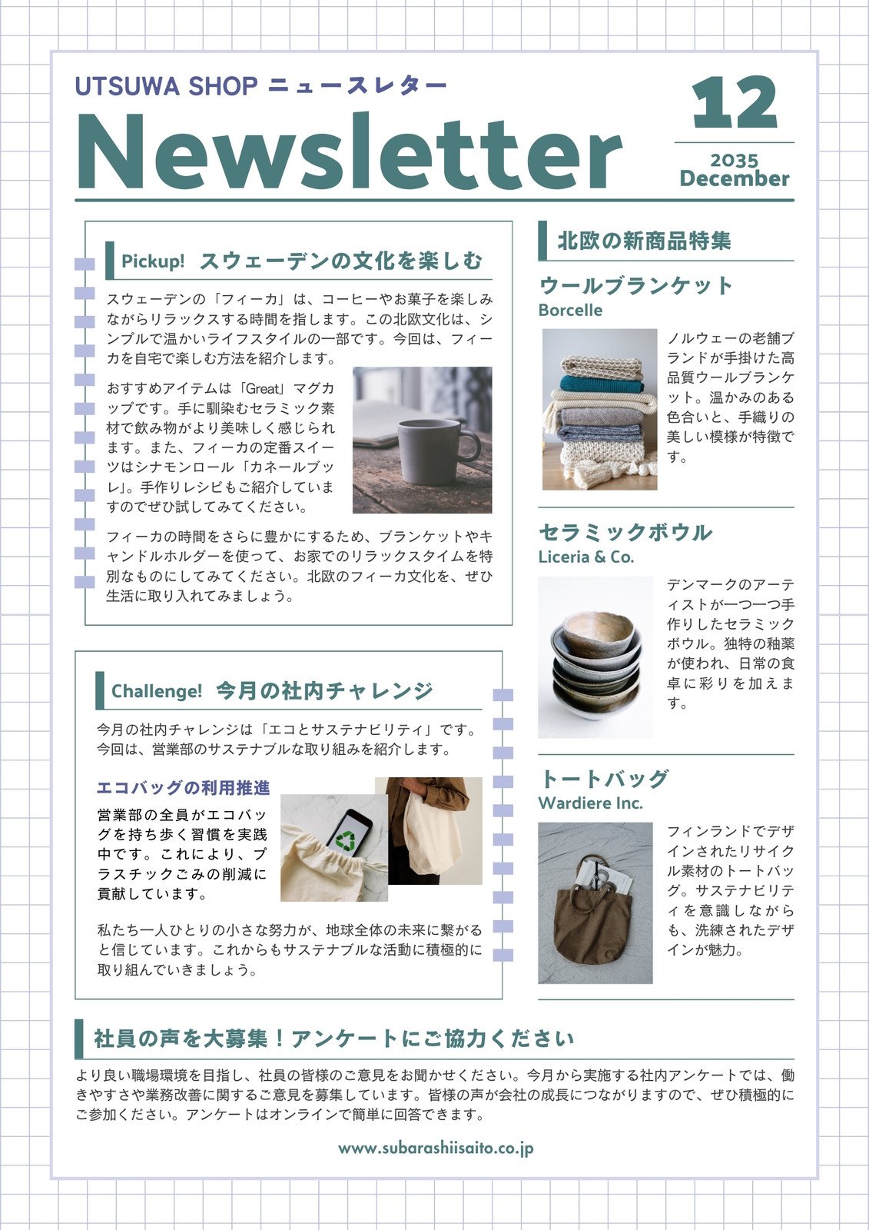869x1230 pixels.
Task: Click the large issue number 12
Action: pyautogui.click(x=735, y=103)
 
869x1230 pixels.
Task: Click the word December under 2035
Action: pyautogui.click(x=734, y=179)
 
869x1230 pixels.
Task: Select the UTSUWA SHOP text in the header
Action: pyautogui.click(x=166, y=87)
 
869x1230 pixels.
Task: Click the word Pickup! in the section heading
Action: pyautogui.click(x=153, y=261)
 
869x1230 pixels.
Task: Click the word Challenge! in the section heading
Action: pyautogui.click(x=157, y=691)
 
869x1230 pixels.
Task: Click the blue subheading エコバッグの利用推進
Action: pyautogui.click(x=183, y=788)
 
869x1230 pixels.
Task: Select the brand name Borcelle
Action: pyautogui.click(x=570, y=311)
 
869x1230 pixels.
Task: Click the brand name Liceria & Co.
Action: pyautogui.click(x=585, y=557)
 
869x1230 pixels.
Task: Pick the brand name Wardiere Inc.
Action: pyautogui.click(x=590, y=803)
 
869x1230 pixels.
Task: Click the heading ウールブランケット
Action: pyautogui.click(x=636, y=286)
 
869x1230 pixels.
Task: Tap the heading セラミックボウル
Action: pyautogui.click(x=625, y=532)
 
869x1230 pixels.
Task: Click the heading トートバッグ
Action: pyautogui.click(x=603, y=779)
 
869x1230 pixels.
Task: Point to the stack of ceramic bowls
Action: pyautogui.click(x=595, y=661)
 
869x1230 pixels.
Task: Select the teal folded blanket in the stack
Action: pyautogui.click(x=601, y=384)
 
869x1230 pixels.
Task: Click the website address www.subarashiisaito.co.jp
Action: pyautogui.click(x=436, y=1149)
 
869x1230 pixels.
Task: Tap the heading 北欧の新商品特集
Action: pyautogui.click(x=644, y=241)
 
